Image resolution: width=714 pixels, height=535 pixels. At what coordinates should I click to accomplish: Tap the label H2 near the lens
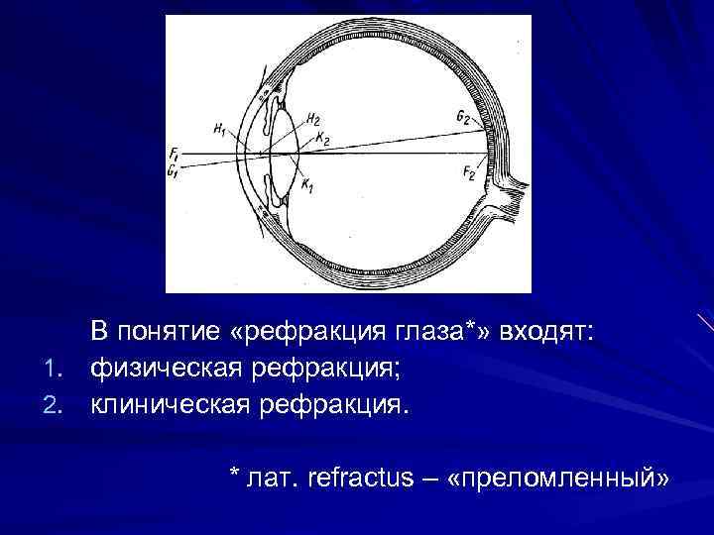312,119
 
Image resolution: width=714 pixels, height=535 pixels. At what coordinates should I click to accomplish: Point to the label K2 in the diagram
322,139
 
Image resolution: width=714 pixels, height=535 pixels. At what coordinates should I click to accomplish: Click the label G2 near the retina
463,117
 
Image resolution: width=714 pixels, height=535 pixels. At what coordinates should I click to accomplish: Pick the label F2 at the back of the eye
468,172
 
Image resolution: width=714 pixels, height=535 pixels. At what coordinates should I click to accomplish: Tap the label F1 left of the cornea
174,154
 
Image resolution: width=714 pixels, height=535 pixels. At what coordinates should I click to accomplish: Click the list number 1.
56,371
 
